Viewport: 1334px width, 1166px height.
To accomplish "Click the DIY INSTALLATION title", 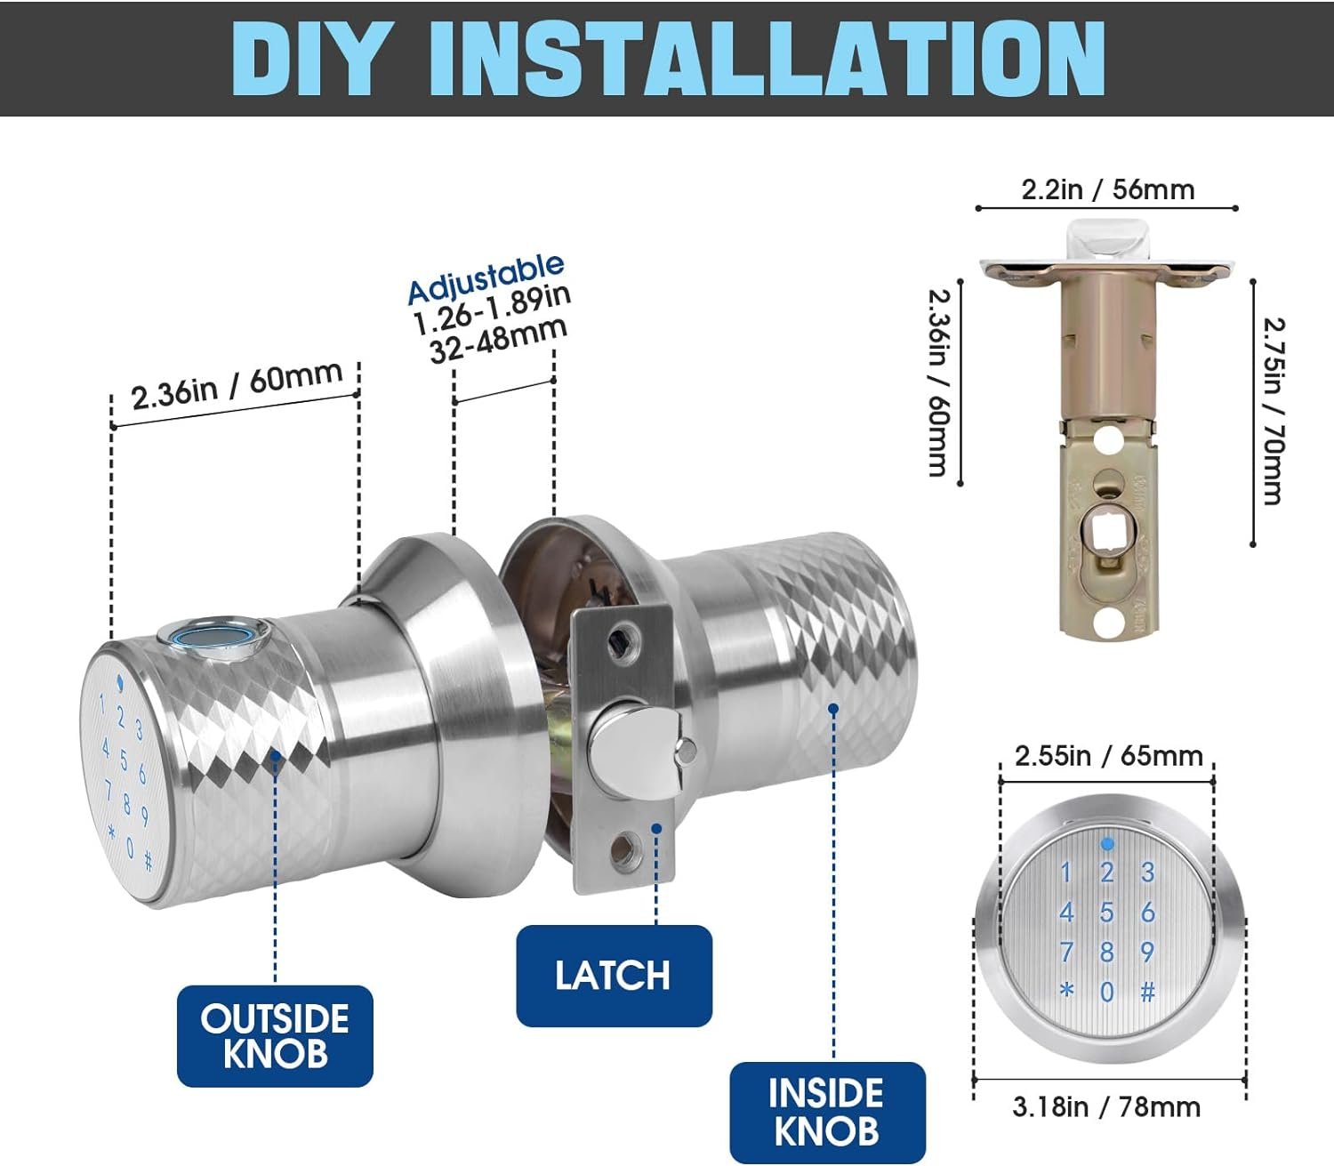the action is point(668,59).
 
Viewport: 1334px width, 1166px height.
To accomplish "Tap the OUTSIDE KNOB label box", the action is point(275,1036).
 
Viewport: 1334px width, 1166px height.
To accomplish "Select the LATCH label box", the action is point(614,976).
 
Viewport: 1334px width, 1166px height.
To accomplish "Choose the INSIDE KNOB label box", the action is point(827,1113).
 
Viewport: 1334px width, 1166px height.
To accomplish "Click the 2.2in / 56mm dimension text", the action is point(1108,189).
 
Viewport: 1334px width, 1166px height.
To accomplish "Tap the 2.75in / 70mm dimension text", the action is point(1272,411).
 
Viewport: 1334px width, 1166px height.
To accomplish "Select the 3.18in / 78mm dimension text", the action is point(1106,1107).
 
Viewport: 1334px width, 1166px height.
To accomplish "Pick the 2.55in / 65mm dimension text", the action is point(1108,756).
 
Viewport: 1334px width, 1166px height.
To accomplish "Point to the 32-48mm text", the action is point(499,341).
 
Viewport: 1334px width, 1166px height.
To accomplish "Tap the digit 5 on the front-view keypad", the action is point(1106,913).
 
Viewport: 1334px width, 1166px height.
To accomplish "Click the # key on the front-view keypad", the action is point(1148,993).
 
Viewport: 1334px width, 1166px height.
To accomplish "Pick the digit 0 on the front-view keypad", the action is point(1106,993).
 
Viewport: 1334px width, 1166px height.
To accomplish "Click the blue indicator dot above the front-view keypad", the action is point(1107,845).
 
